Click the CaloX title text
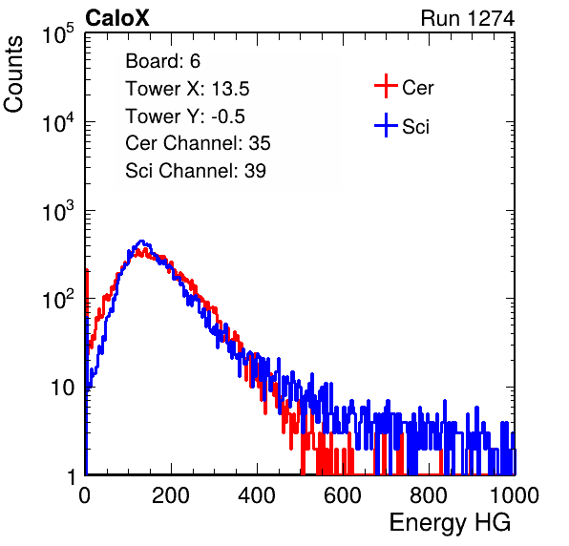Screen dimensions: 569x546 (117, 18)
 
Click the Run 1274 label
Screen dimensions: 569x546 (468, 18)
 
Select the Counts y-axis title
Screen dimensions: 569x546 (13, 74)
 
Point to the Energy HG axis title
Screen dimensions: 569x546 (450, 523)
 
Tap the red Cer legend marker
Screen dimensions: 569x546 (386, 86)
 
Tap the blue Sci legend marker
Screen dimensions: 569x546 (386, 125)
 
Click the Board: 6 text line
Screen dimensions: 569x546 (162, 61)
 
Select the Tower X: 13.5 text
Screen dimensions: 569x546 (187, 89)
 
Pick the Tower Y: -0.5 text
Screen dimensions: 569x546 (185, 116)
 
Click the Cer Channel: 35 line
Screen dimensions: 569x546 (198, 143)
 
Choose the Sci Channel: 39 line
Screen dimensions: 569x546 (196, 171)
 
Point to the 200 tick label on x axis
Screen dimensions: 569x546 (171, 494)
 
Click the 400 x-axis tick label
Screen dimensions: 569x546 (257, 494)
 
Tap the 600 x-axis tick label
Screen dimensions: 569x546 (343, 494)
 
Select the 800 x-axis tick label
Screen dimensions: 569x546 (429, 494)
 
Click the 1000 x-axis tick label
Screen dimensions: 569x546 (515, 494)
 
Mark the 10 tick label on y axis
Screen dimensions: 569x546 (63, 388)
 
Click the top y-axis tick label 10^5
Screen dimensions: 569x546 (58, 33)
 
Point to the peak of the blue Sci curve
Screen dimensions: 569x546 (142, 241)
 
